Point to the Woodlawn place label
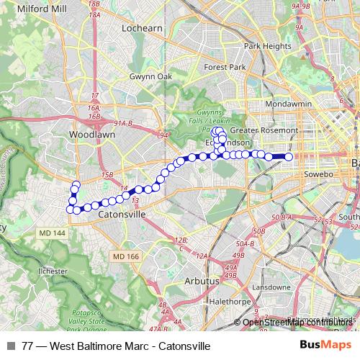89,135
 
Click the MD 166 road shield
125,256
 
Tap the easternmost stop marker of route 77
289,156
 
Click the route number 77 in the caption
28,346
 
